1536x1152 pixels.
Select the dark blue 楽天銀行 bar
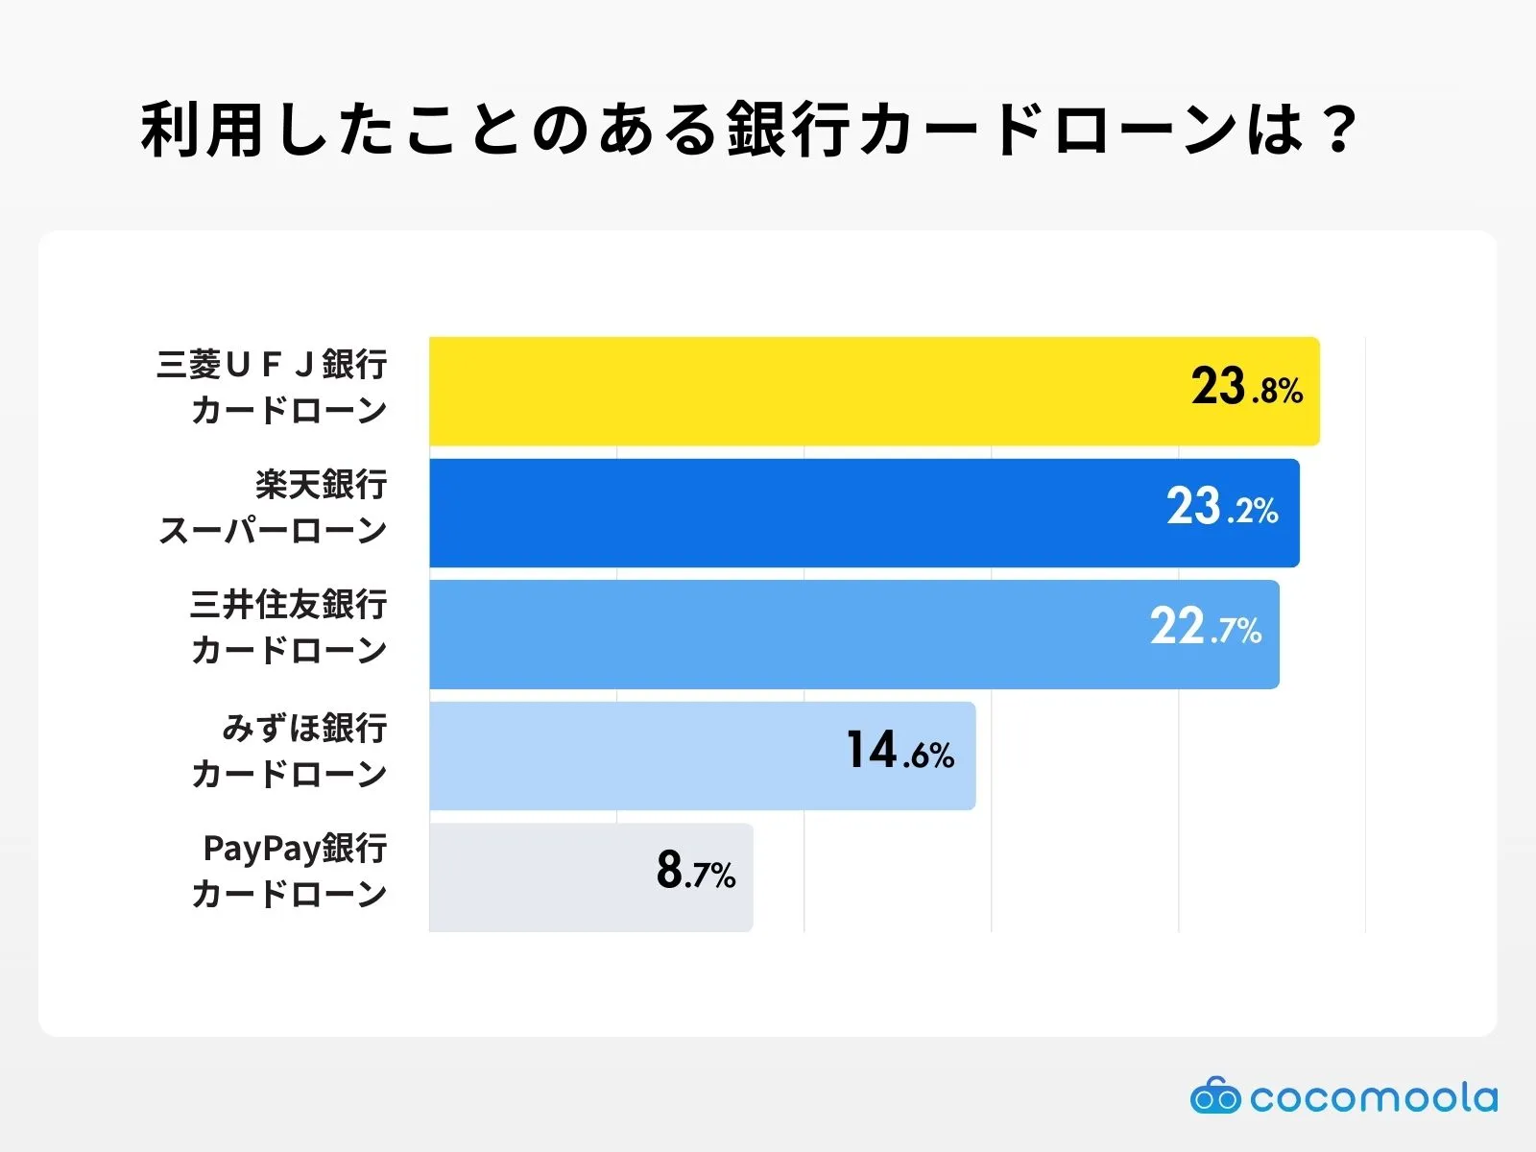point(787,513)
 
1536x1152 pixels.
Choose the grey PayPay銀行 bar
point(538,876)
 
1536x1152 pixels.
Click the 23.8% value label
point(1246,388)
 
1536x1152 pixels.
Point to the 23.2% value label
point(1222,508)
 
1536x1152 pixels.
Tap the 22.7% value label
point(1206,628)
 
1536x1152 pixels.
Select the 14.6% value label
point(900,751)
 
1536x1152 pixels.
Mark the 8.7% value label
point(695,872)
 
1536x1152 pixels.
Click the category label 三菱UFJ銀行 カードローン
point(273,387)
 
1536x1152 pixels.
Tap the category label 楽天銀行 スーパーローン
point(273,508)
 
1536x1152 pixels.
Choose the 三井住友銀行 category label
point(288,605)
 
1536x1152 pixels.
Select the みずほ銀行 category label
point(304,729)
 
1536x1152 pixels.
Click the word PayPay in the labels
point(261,849)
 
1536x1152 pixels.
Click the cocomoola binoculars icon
point(1215,1096)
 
